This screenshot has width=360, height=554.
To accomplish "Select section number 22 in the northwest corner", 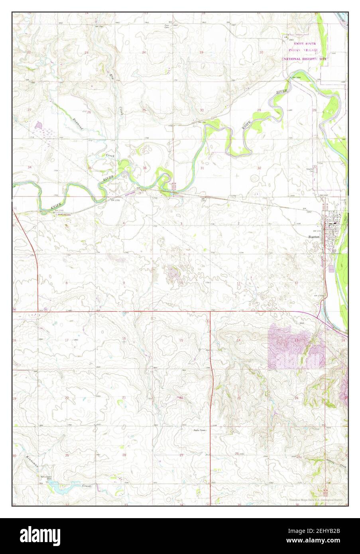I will [x=29, y=52].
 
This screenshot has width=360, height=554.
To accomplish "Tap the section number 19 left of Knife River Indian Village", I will [x=201, y=52].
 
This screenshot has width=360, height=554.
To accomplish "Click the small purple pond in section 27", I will [x=39, y=126].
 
